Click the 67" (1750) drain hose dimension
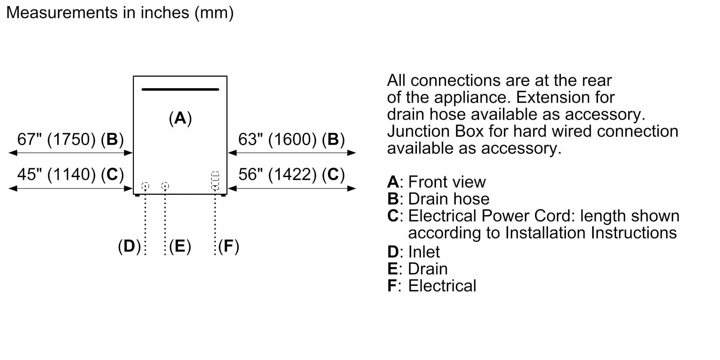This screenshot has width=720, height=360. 71,140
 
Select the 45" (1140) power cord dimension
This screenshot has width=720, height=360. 71,175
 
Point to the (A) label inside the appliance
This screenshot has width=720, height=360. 180,118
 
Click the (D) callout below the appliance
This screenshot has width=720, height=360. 129,246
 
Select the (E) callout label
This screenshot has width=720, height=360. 180,246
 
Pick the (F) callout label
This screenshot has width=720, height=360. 229,246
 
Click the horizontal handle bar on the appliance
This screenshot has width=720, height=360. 180,89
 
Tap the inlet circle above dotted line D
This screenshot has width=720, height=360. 145,186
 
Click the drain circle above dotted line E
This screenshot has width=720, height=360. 165,186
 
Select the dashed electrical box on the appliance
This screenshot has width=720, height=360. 215,181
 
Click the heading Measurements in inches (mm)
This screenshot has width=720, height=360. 120,13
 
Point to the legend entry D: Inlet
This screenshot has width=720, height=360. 413,252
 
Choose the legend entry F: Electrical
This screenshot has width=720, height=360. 431,286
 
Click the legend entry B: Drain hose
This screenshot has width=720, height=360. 438,199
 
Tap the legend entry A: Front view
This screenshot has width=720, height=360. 436,182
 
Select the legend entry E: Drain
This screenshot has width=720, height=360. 417,269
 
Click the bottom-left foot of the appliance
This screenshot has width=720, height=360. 137,195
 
